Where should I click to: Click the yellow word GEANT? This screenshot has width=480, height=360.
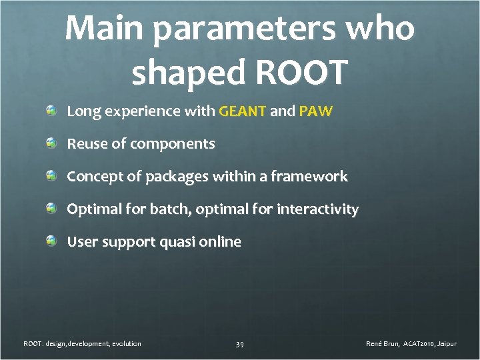pos(243,111)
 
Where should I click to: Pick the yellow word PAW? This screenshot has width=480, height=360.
pos(315,111)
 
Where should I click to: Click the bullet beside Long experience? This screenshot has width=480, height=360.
pos(51,111)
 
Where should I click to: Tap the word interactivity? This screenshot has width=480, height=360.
pos(317,209)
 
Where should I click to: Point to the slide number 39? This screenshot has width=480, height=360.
pos(239,344)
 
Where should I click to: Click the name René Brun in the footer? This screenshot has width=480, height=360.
pos(383,343)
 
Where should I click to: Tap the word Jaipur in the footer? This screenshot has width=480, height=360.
pos(446,343)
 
